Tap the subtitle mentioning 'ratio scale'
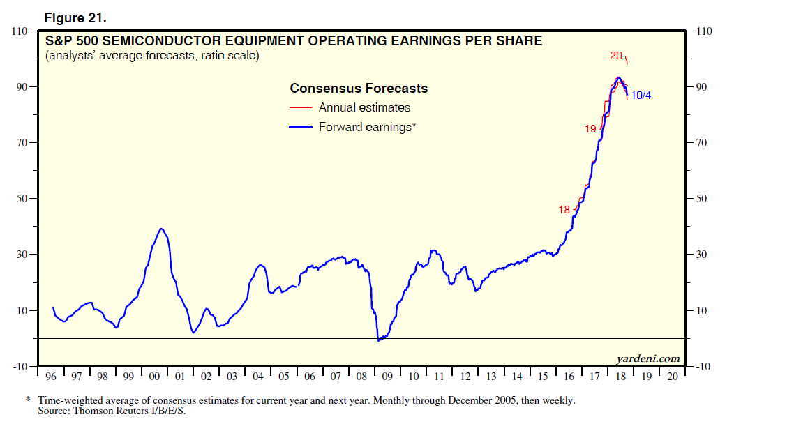(x=151, y=56)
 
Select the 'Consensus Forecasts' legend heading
(x=359, y=89)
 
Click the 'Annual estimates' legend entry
(x=364, y=107)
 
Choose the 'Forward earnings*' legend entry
(x=367, y=127)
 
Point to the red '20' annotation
(x=616, y=56)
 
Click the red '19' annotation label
(x=590, y=128)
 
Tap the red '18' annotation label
(x=564, y=210)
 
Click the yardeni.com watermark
(x=648, y=358)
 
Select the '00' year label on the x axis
(x=154, y=377)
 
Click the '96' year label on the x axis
(x=50, y=377)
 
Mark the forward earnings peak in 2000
(x=161, y=229)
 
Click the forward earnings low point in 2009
(x=379, y=340)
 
